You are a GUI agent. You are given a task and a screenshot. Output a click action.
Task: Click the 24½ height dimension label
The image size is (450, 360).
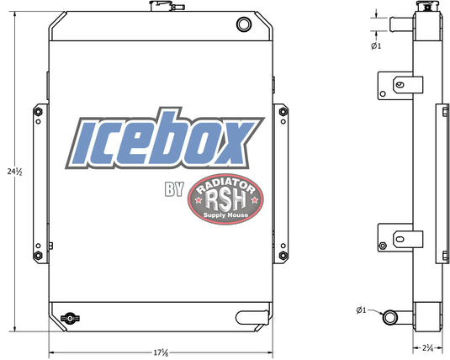click(x=14, y=172)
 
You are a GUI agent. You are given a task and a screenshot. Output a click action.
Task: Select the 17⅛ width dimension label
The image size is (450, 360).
click(x=161, y=352)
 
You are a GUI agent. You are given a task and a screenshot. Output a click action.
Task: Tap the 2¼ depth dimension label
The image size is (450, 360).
click(x=427, y=348)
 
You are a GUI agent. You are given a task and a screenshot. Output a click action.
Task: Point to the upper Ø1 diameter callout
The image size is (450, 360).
click(x=376, y=45)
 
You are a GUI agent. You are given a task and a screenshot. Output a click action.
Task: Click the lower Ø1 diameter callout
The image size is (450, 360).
click(x=362, y=310)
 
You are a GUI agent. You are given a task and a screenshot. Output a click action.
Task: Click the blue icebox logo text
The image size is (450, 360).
click(x=165, y=139)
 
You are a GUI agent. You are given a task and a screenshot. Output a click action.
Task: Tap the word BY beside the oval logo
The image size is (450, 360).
click(x=174, y=189)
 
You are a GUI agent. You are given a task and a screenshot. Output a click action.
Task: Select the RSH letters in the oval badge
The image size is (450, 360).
click(x=226, y=200)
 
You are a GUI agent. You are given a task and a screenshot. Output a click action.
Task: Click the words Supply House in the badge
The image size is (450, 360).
click(x=225, y=215)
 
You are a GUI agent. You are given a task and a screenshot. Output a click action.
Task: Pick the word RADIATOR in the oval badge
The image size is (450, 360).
click(x=226, y=185)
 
